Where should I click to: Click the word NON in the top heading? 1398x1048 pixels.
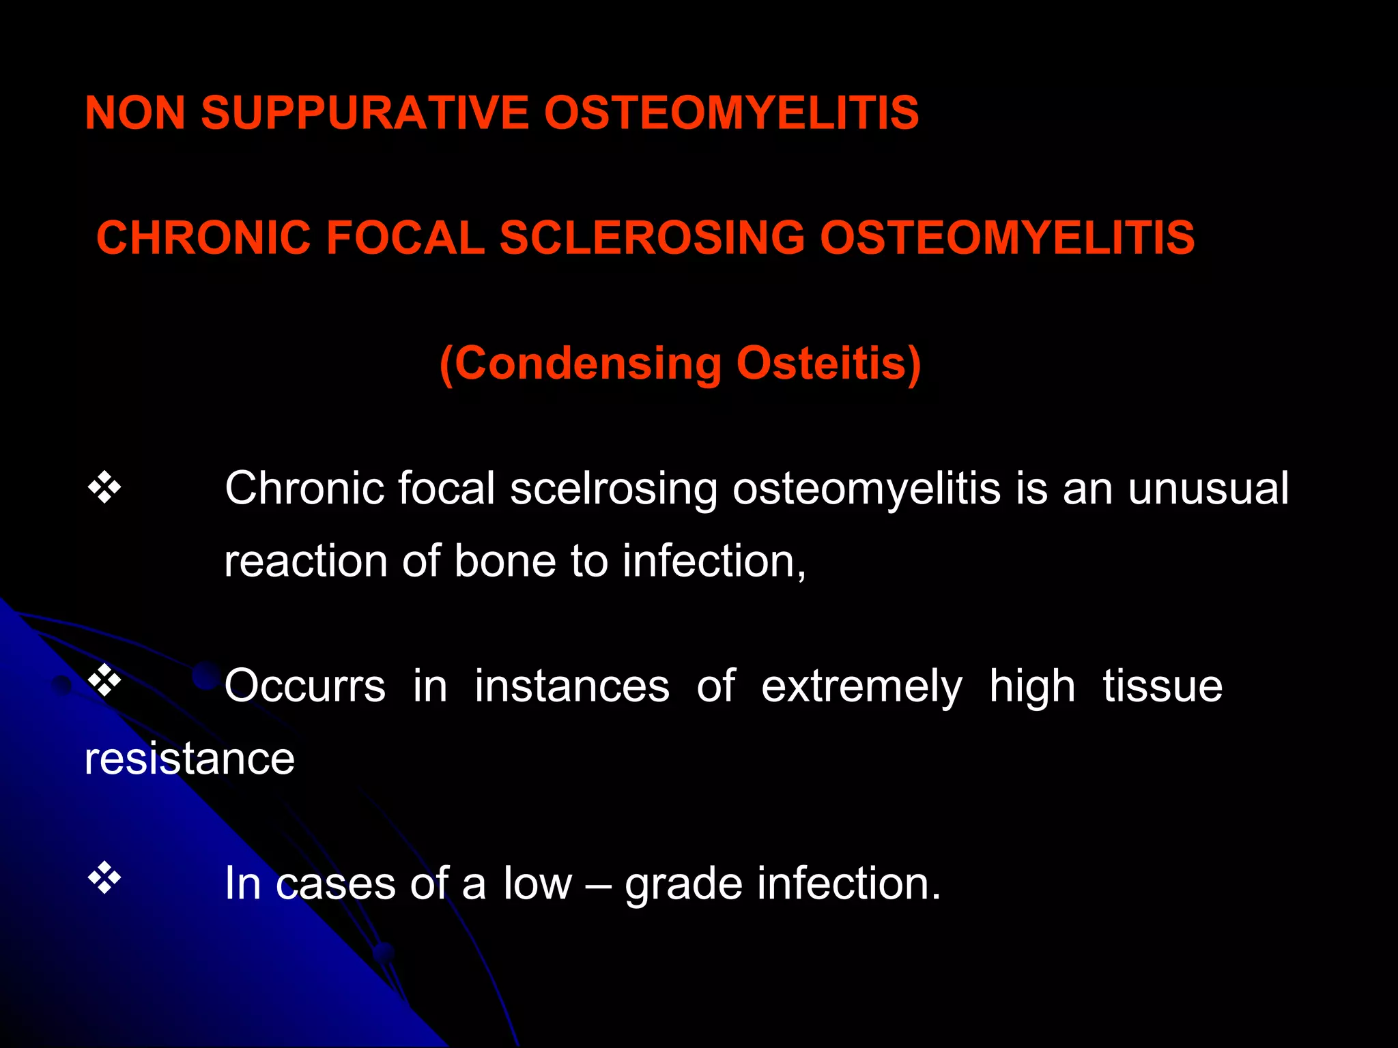[135, 113]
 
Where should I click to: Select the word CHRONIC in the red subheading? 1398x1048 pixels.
[203, 238]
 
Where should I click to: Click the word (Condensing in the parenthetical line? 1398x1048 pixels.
[580, 364]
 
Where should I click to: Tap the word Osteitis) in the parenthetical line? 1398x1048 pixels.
[829, 364]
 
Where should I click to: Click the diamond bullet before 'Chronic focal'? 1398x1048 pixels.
[104, 488]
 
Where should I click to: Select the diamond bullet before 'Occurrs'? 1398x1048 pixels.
[104, 680]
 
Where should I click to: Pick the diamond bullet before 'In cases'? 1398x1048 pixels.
[104, 877]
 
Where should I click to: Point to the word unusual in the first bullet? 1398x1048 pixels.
[1208, 489]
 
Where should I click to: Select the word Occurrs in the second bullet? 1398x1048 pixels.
[305, 686]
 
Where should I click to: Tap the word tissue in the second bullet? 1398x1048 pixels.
[1162, 686]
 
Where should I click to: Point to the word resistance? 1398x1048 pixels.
[190, 759]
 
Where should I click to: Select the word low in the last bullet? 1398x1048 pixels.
[537, 884]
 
